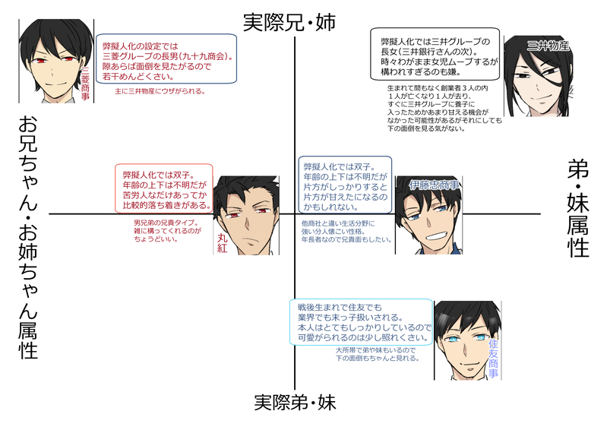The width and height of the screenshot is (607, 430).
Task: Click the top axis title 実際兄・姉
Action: [x=289, y=23]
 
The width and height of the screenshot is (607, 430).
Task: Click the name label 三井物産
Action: [x=548, y=46]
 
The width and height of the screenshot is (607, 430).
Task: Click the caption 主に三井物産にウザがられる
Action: [x=160, y=91]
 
